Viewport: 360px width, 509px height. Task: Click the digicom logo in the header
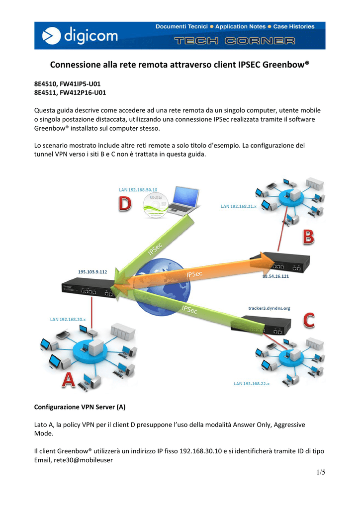pos(80,35)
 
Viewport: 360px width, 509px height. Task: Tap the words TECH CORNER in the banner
pos(234,41)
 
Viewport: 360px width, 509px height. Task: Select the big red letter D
pos(125,203)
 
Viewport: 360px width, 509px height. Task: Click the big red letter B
pos(308,237)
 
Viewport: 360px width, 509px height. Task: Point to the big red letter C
pos(309,320)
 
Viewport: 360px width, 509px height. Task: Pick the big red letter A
pos(69,380)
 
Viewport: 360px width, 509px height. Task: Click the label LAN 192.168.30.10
pos(138,189)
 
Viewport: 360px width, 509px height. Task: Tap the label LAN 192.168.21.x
pos(239,206)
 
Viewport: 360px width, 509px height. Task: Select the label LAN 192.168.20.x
pos(68,320)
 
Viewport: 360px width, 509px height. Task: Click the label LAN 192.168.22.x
pos(252,383)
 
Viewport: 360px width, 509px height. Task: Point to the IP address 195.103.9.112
pos(92,272)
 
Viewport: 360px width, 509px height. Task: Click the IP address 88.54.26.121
pos(275,276)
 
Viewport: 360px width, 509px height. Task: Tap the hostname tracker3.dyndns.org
pos(269,308)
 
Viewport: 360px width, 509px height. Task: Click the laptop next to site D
pos(184,200)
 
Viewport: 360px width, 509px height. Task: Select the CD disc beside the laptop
pos(155,205)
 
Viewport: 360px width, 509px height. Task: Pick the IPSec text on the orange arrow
pos(194,274)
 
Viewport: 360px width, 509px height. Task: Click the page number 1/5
pos(321,472)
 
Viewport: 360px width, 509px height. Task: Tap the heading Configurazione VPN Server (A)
pos(80,407)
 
